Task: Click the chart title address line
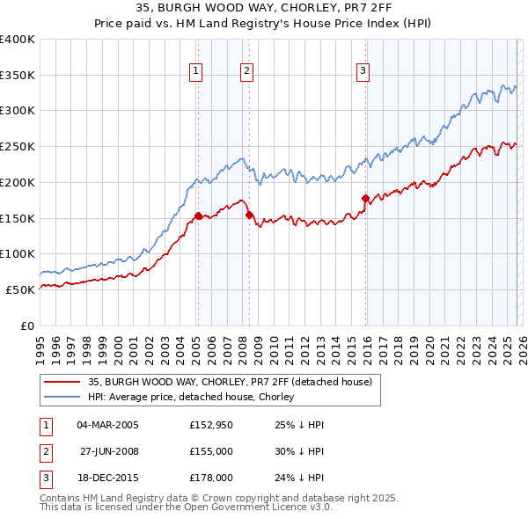(264, 9)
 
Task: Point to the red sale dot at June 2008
(249, 214)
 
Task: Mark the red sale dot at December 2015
(365, 198)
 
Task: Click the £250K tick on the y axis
(18, 146)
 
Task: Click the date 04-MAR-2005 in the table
(107, 425)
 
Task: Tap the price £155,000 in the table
(210, 451)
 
